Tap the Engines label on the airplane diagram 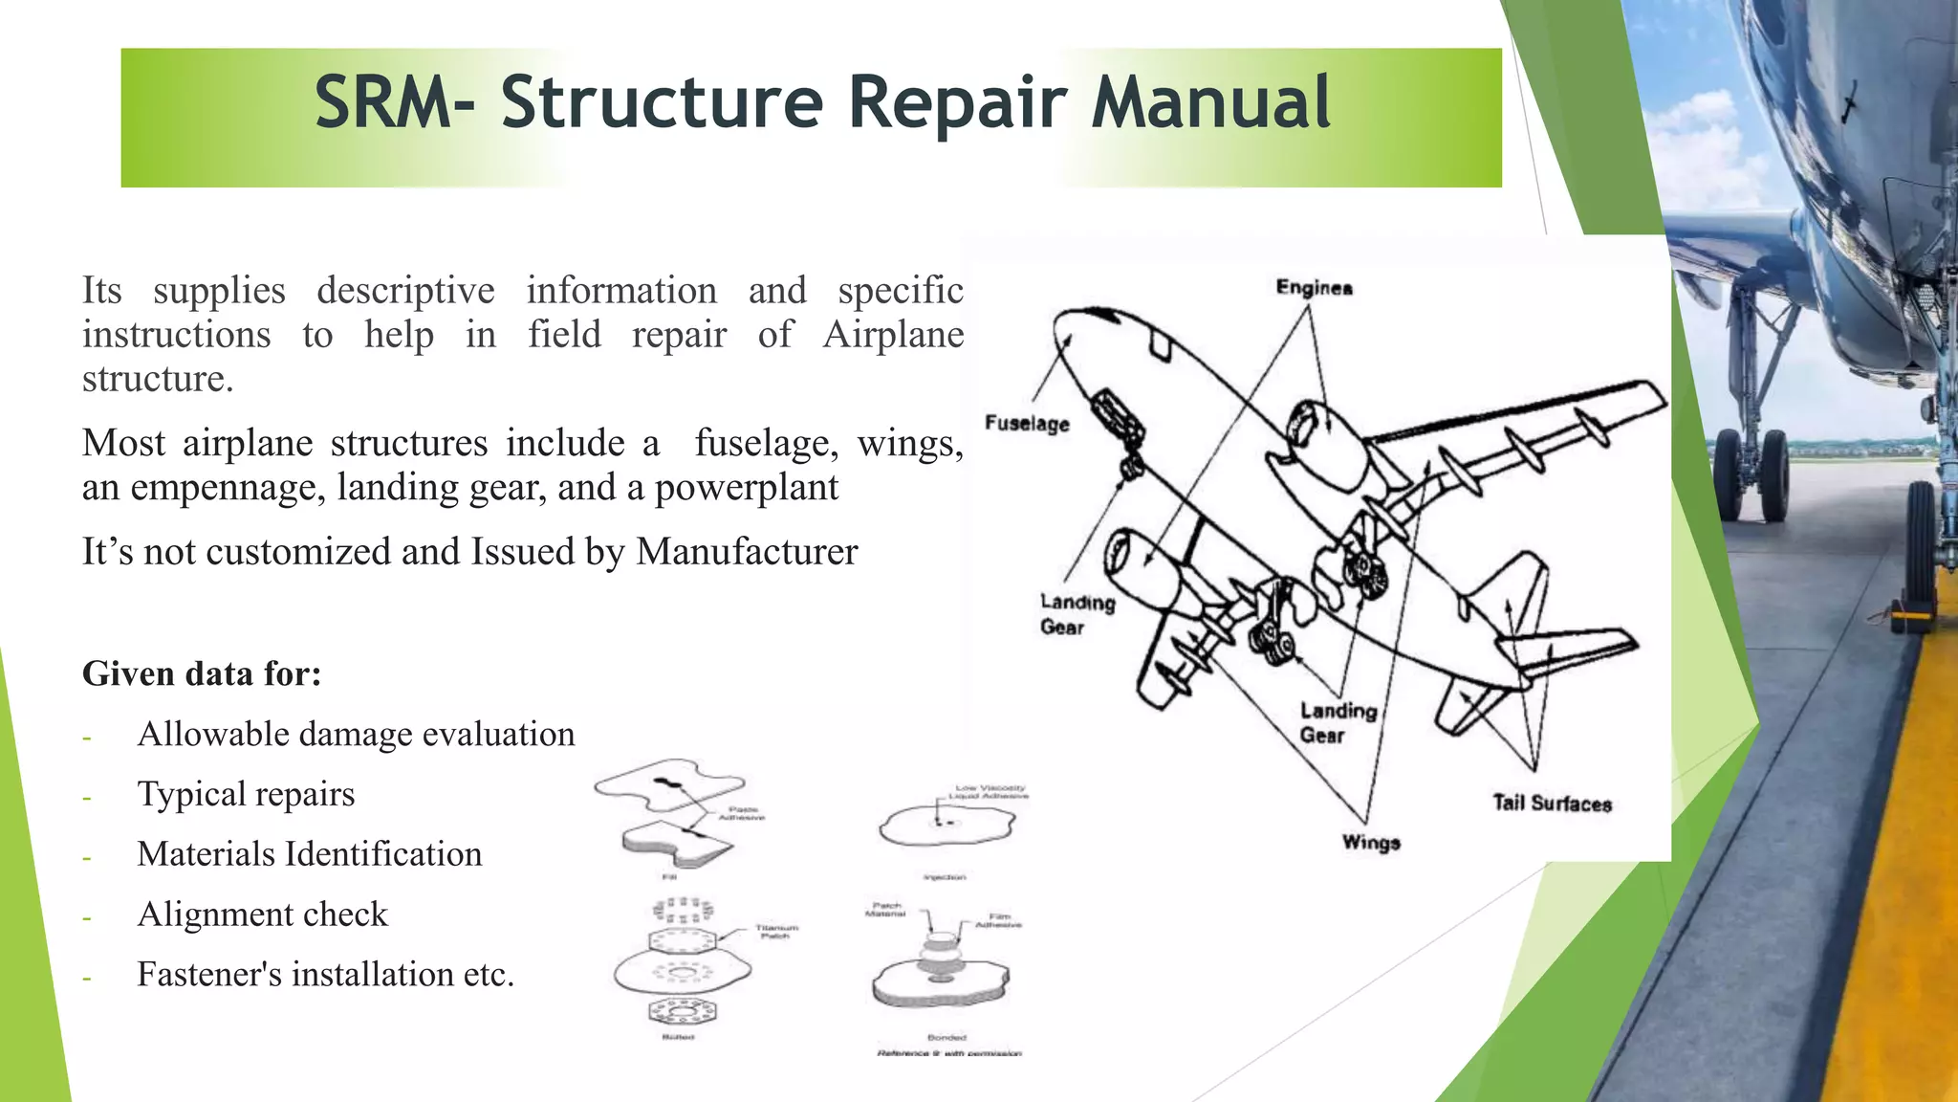tap(1314, 288)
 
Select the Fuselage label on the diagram tap(1027, 424)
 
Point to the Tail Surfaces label tap(1552, 804)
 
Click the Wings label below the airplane tap(1370, 843)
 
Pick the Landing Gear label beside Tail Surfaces tap(1337, 723)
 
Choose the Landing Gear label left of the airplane tap(1077, 614)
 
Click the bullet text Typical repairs tap(246, 794)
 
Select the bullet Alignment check tap(262, 915)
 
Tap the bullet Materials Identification tap(309, 854)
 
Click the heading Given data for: tap(202, 674)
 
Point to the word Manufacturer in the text tap(747, 552)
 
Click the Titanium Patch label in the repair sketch tap(776, 931)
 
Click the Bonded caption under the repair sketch tap(946, 1037)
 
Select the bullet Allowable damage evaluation tap(356, 735)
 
